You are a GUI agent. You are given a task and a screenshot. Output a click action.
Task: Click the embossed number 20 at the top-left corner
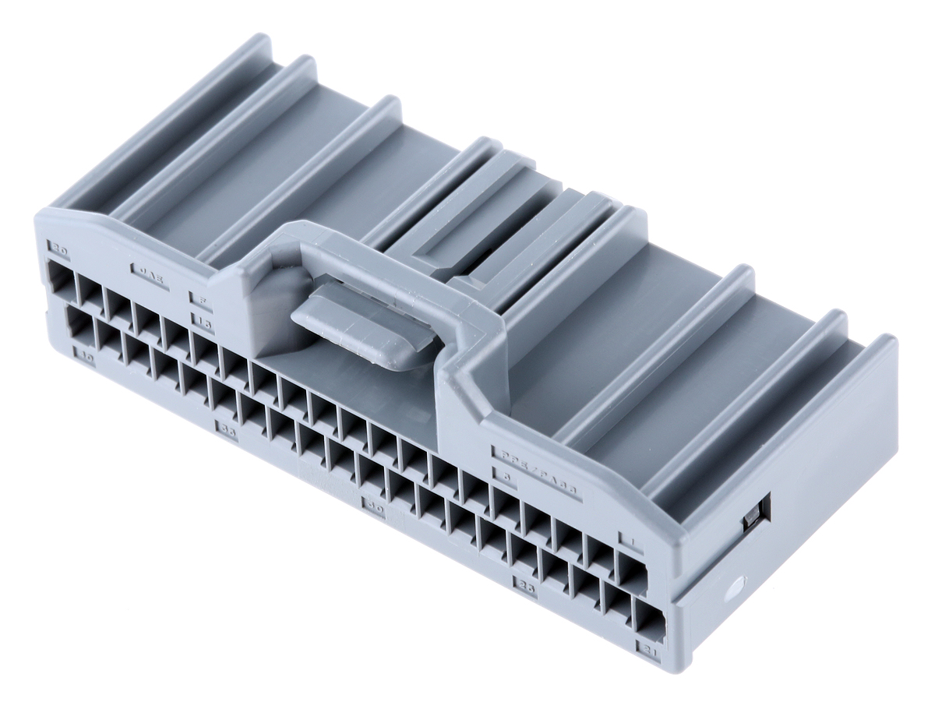58,249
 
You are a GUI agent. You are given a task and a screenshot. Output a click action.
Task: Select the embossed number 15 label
204,321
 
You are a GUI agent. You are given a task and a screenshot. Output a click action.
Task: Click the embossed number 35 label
227,428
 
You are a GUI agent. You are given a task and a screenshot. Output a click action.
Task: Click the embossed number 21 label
648,647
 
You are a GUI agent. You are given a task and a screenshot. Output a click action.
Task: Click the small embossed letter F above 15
201,297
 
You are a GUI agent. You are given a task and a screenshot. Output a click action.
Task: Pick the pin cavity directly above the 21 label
648,619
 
